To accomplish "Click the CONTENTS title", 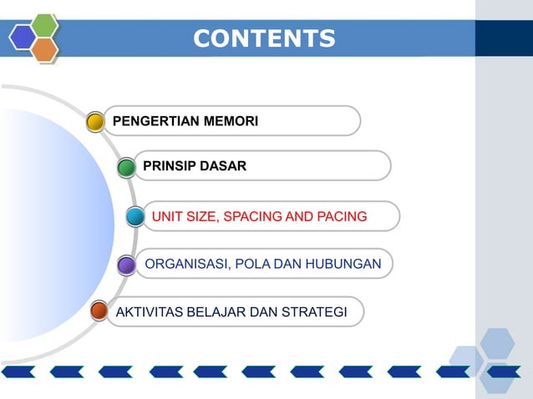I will coord(264,38).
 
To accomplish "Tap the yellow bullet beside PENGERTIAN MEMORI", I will coord(95,122).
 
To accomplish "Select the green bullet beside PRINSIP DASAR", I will coord(126,168).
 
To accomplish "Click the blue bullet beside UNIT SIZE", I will coord(135,217).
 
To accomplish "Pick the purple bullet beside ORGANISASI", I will coord(126,265).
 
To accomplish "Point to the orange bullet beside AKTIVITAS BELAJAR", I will coord(99,311).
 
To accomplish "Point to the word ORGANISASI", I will coord(185,265).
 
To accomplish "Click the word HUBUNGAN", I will coord(343,265).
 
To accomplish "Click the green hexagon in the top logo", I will coord(44,25).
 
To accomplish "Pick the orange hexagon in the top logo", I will coord(44,49).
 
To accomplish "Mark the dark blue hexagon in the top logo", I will coord(23,37).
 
